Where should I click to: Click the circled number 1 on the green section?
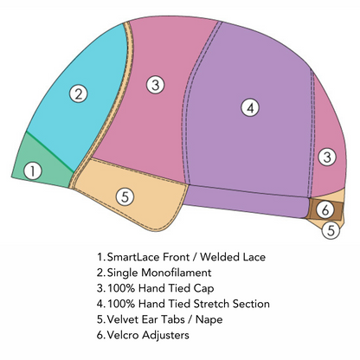(33, 170)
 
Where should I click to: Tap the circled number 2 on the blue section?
(79, 93)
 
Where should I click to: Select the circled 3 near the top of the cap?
(156, 85)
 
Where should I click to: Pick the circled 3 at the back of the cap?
(327, 157)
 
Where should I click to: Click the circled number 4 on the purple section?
(250, 107)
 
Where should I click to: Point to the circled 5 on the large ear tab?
(125, 196)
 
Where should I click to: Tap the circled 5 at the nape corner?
(331, 230)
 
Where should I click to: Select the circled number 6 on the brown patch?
(325, 209)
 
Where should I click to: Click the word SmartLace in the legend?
(133, 257)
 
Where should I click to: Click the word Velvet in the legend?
(123, 319)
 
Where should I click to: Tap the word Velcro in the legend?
(123, 335)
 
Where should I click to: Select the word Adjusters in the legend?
(165, 336)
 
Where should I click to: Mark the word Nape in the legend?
(209, 320)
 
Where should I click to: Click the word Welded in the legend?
(219, 257)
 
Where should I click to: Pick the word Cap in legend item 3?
(203, 289)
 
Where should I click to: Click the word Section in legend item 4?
(251, 304)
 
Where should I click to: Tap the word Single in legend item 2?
(123, 273)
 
